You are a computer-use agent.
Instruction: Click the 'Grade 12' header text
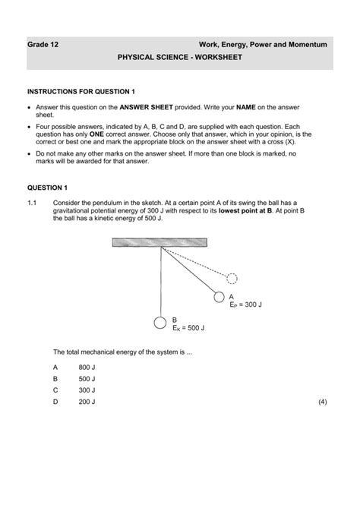pyautogui.click(x=43, y=45)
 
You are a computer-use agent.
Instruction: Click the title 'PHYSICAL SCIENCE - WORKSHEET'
pyautogui.click(x=179, y=58)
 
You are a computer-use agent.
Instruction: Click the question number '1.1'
pyautogui.click(x=33, y=204)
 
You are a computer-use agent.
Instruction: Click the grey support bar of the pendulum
pyautogui.click(x=158, y=242)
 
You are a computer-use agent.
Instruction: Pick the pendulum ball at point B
pyautogui.click(x=160, y=323)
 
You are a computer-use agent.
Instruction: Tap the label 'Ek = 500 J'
pyautogui.click(x=188, y=329)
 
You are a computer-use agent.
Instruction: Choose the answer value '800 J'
pyautogui.click(x=87, y=366)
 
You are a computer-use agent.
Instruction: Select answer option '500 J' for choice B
pyautogui.click(x=87, y=377)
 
